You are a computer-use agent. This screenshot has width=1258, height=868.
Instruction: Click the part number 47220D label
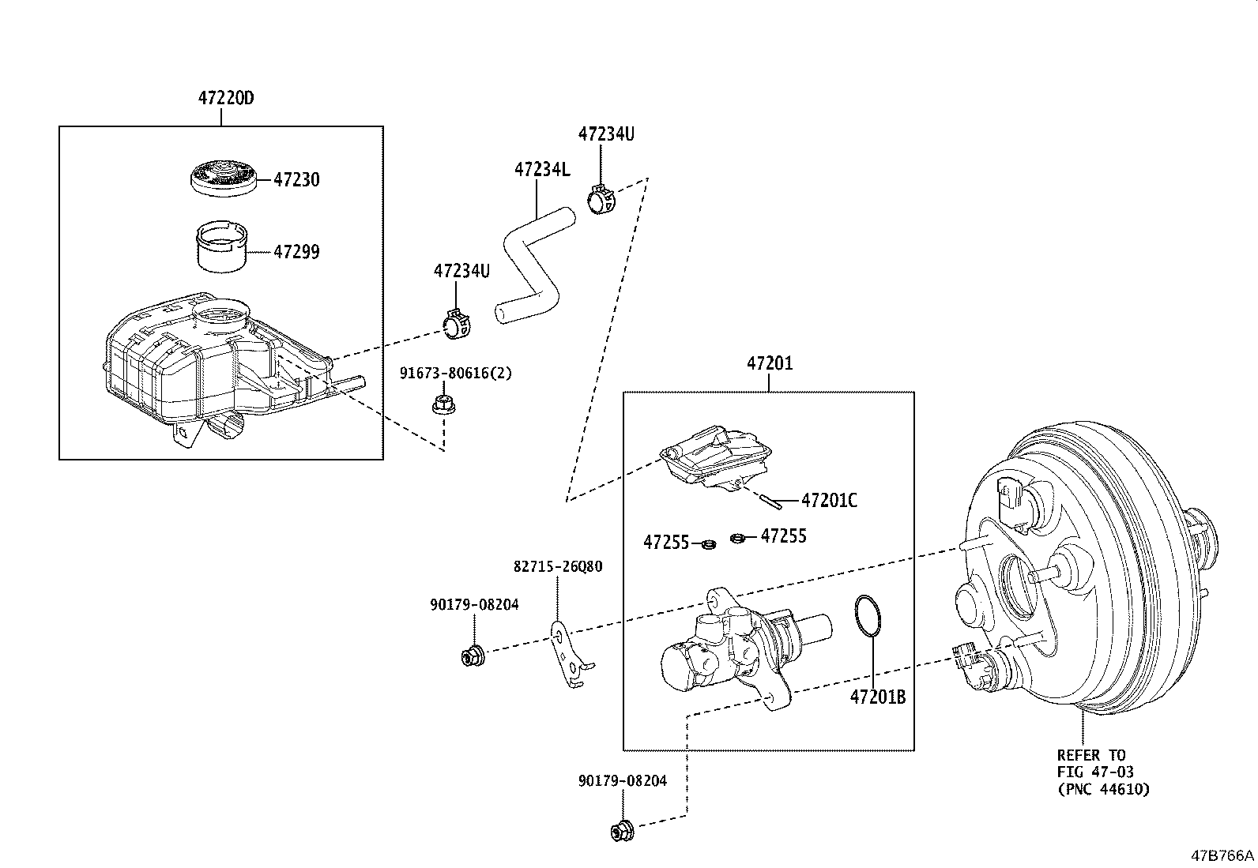(x=225, y=99)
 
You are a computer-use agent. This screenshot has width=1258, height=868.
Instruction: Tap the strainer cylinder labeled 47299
(x=221, y=248)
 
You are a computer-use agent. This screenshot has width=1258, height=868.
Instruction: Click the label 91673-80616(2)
(x=455, y=373)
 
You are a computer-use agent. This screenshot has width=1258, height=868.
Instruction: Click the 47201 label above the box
(x=769, y=364)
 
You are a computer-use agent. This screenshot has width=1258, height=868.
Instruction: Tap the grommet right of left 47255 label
(x=710, y=544)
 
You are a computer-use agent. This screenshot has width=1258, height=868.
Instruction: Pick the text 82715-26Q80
(x=557, y=566)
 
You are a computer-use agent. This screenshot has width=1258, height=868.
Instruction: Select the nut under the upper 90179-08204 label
(x=473, y=655)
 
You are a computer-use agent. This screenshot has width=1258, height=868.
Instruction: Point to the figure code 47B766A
(x=1222, y=855)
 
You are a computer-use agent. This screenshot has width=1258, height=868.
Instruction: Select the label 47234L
(x=541, y=169)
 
